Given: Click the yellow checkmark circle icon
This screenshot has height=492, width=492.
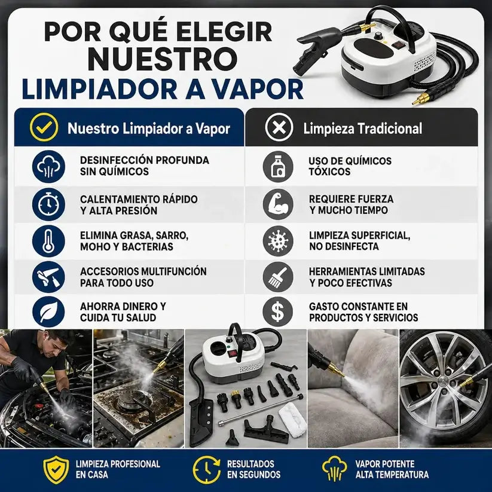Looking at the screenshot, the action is [x=44, y=127].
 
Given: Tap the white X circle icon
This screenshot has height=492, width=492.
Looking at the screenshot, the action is [x=279, y=127].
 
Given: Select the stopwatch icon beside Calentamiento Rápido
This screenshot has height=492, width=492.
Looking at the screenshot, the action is [x=48, y=204].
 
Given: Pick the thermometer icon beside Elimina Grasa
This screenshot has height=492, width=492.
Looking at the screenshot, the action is [x=48, y=241].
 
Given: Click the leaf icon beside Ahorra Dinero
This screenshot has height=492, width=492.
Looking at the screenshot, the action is [x=48, y=312].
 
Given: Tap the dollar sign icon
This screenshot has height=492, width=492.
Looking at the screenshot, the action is [x=278, y=312].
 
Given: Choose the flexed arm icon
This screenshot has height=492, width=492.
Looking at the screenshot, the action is [x=278, y=204].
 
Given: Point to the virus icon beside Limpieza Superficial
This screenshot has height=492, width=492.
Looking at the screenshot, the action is [x=278, y=241].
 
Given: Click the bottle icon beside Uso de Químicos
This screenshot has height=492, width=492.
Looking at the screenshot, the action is [x=278, y=167].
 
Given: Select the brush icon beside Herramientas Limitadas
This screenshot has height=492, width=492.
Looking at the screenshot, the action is [x=278, y=277].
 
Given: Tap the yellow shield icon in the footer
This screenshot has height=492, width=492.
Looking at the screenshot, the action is [x=56, y=469].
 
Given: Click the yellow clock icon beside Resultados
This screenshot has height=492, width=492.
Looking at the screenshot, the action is [x=206, y=469].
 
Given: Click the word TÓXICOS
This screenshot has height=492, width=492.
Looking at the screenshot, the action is [x=329, y=172].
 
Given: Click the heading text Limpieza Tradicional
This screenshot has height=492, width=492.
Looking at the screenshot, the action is [x=362, y=129].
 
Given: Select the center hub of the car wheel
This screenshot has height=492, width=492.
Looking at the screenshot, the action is [x=444, y=384].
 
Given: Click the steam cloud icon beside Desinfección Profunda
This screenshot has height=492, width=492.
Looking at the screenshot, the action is [x=48, y=167].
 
